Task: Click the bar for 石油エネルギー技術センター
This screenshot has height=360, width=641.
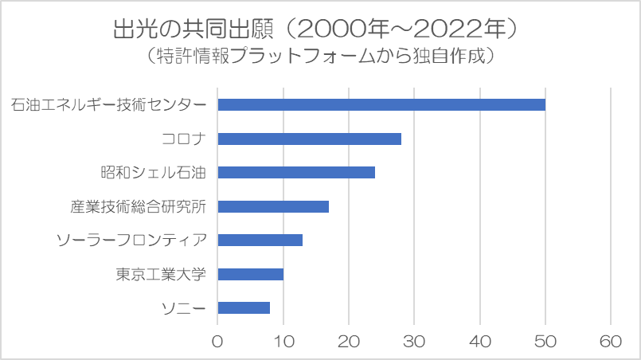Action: (x=381, y=104)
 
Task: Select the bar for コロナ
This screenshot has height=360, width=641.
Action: (x=309, y=139)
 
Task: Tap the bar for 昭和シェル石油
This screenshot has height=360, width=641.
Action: (x=295, y=172)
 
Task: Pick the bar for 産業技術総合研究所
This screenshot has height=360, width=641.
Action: (x=272, y=206)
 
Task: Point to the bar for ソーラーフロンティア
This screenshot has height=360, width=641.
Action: (x=260, y=240)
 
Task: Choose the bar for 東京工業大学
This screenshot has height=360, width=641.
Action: (x=250, y=274)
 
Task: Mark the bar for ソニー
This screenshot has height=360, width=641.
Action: (x=244, y=307)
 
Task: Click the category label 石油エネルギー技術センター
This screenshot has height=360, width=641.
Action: (x=109, y=105)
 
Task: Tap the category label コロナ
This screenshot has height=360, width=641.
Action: (x=184, y=139)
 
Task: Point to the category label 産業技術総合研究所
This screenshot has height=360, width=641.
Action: (x=138, y=206)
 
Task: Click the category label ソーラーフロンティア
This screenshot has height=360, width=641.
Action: (x=132, y=241)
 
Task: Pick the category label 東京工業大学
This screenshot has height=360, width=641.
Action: (x=161, y=274)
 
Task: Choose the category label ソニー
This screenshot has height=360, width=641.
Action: (x=184, y=308)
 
